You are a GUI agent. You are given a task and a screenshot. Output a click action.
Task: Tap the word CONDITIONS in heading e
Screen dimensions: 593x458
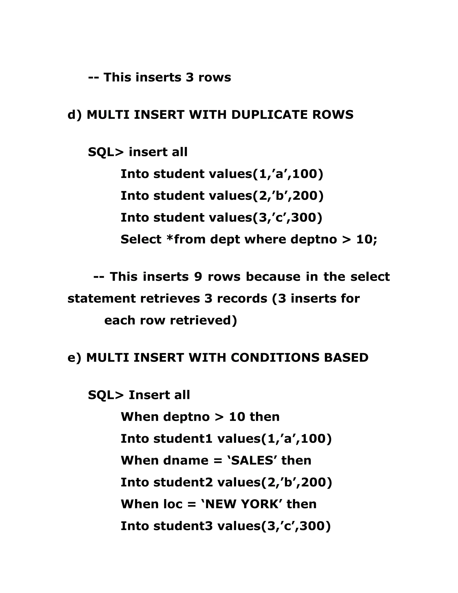(275, 358)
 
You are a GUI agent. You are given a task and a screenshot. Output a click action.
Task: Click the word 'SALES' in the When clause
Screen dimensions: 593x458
(252, 461)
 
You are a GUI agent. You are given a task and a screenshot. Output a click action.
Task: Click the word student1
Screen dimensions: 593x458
(183, 439)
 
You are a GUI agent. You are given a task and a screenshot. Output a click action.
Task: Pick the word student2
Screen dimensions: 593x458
(183, 482)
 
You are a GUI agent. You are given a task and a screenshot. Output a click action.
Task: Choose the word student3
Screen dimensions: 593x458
(183, 526)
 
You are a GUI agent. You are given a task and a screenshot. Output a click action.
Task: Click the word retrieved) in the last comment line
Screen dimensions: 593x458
(204, 320)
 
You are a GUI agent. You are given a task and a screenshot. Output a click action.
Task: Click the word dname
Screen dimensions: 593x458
(186, 461)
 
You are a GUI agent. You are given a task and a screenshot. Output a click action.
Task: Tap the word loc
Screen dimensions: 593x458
(173, 504)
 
